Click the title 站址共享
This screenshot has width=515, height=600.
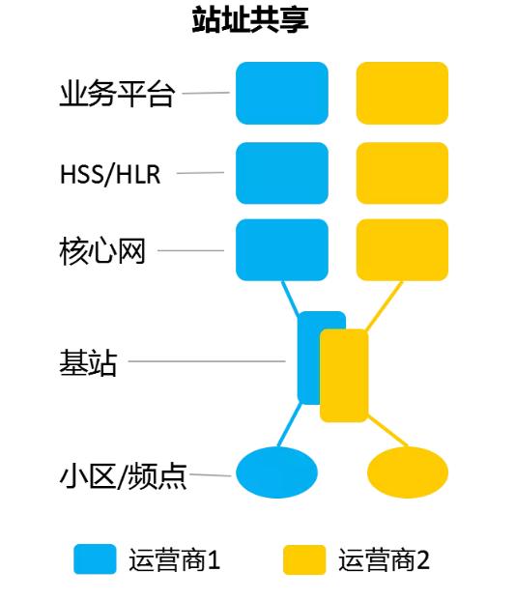tap(250, 19)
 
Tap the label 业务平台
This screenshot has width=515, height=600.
tap(118, 94)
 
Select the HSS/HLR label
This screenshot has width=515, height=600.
tap(110, 174)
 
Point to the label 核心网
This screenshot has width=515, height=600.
tap(102, 251)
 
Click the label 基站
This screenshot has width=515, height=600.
tap(88, 362)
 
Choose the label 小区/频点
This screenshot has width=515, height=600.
tap(124, 476)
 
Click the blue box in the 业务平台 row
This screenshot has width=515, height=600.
tap(282, 94)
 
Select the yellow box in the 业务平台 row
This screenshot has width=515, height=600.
tap(402, 94)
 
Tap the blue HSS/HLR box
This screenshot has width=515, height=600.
tap(282, 173)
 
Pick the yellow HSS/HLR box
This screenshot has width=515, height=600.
tap(402, 173)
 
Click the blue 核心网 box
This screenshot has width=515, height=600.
tap(282, 250)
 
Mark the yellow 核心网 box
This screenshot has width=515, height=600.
tap(402, 250)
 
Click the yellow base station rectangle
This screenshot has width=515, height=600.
tap(344, 376)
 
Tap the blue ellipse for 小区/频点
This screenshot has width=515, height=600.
tap(276, 472)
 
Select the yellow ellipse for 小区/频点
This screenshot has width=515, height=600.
tap(408, 472)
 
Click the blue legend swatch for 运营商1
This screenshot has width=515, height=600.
tap(95, 559)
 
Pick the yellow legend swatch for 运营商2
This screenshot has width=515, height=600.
tap(304, 559)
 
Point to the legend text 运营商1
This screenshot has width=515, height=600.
tap(175, 559)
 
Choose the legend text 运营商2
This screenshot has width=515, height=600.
tap(384, 559)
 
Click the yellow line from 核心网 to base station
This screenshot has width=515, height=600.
tap(384, 306)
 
